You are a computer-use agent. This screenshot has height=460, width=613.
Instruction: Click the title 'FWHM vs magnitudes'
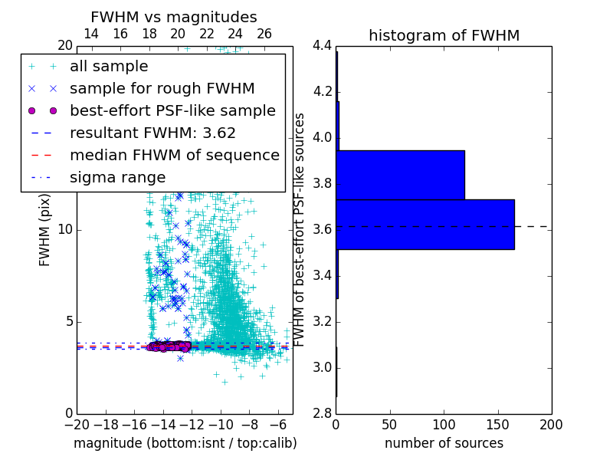coord(174,17)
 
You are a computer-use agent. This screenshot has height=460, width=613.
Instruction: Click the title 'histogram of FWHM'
coord(444,35)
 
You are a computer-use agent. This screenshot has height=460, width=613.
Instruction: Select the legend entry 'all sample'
coord(109,67)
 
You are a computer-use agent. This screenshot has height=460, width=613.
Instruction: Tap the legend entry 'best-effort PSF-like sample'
coord(172,110)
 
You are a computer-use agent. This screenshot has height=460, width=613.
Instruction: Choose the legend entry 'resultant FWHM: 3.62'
coord(152,133)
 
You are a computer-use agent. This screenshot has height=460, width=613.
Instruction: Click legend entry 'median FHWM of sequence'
coord(174,155)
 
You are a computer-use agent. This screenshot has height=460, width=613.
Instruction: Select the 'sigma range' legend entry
coord(117,177)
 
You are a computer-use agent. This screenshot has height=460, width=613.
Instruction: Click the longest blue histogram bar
coord(425,224)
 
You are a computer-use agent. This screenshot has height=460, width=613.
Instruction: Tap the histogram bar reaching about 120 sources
coord(400,175)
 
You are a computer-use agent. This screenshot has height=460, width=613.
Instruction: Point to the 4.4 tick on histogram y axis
coord(322,45)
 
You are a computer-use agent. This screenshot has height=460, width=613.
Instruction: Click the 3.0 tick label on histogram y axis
coord(322,367)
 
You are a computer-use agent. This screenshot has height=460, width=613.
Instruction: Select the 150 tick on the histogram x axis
coord(497,424)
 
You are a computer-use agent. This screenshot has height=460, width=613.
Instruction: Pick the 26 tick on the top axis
coord(264,34)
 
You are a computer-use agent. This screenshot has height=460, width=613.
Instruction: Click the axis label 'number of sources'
coord(444,443)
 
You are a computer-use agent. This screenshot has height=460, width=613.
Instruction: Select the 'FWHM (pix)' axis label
coord(44,229)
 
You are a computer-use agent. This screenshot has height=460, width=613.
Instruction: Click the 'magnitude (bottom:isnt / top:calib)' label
coord(185,443)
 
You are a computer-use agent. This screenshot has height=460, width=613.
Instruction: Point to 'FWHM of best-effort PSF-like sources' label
coord(300,229)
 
